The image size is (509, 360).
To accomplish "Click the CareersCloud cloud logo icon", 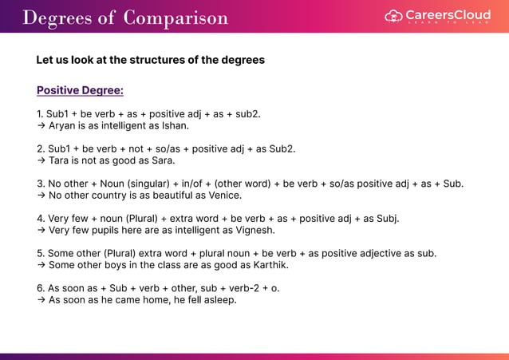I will click(x=393, y=16).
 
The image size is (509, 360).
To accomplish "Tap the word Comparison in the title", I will click(x=176, y=18).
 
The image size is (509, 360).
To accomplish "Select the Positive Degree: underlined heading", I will click(x=80, y=90).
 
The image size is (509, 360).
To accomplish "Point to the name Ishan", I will click(x=174, y=125).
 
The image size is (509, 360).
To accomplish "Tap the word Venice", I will click(x=223, y=195).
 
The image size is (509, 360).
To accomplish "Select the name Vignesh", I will click(x=254, y=230).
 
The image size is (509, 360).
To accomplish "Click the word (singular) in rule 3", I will click(x=152, y=183).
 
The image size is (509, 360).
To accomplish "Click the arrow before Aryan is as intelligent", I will click(x=41, y=125).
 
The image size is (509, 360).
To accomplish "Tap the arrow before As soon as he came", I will click(x=41, y=300).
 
